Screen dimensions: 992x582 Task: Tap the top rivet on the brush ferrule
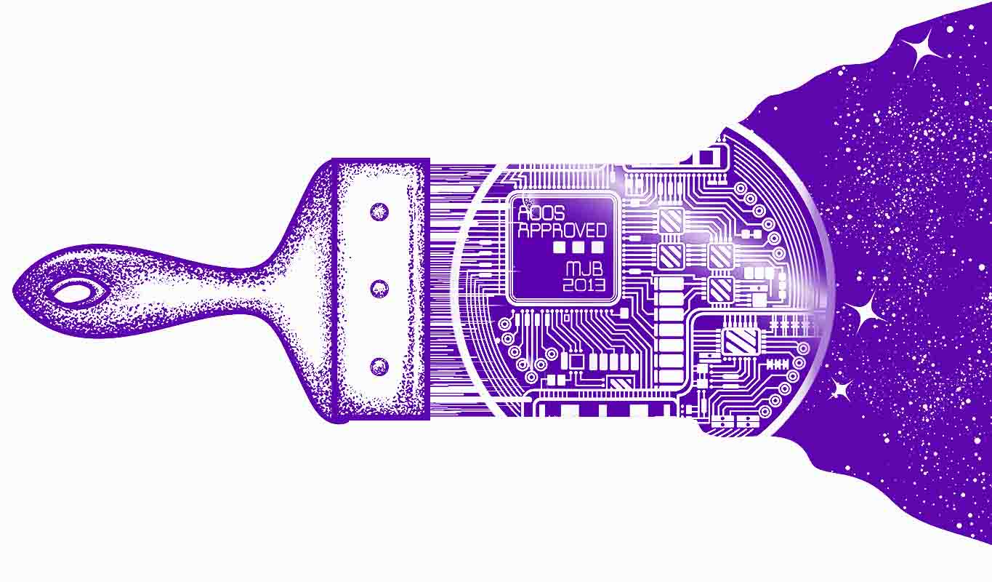[379, 212]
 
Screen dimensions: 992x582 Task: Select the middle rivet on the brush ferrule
[379, 289]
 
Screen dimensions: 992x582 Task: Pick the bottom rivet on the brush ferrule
[379, 366]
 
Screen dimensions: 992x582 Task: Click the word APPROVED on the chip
[562, 231]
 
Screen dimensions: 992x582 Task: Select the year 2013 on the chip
[584, 284]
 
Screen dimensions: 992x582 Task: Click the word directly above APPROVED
[541, 213]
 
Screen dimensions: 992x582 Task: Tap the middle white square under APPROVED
[578, 247]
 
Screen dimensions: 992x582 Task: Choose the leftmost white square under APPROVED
[560, 247]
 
